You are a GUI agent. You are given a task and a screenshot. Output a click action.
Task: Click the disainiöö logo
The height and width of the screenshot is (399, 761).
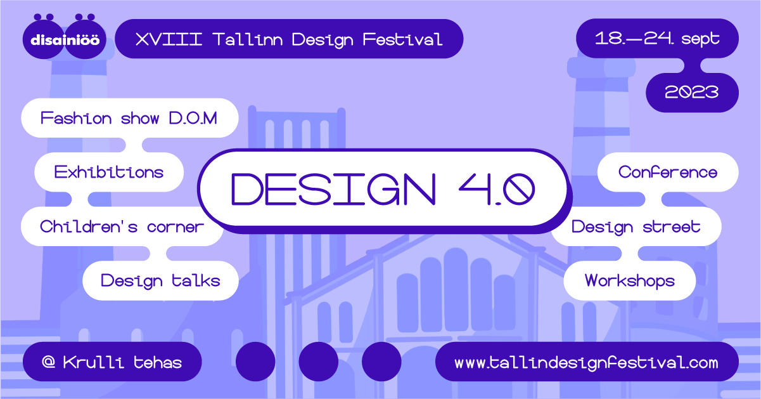coord(64,37)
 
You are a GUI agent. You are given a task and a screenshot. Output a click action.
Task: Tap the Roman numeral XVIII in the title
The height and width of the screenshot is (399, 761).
coord(169,39)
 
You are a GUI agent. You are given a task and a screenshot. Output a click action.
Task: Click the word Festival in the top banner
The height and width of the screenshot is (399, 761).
coord(402,39)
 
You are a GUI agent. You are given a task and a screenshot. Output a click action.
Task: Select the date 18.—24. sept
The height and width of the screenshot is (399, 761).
coord(657,39)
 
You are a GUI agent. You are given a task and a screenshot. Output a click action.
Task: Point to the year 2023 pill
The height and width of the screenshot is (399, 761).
coord(692,92)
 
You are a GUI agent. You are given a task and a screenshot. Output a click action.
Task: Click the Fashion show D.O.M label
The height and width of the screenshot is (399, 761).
coord(129,118)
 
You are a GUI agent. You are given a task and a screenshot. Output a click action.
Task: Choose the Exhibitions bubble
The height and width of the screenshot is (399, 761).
coord(109,172)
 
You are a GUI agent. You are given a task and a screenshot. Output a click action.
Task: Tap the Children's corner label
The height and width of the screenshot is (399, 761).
coord(122,226)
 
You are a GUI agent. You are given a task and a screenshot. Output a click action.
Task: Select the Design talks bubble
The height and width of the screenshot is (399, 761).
coord(160,280)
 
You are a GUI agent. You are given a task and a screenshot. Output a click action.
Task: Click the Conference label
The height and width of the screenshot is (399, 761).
coord(668,172)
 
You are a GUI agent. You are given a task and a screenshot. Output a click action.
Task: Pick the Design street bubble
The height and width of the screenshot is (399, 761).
coord(636,226)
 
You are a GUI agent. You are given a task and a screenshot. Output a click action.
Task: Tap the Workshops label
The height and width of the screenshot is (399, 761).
coord(630,280)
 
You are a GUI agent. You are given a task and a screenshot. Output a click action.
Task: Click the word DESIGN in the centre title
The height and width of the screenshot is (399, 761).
coord(333,189)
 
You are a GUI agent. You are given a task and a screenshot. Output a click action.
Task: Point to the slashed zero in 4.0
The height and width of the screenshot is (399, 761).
coord(519,189)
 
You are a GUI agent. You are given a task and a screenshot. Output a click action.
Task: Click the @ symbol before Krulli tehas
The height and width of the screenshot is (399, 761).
coord(49,362)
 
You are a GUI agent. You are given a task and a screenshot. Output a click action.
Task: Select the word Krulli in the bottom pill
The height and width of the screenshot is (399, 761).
coord(93,362)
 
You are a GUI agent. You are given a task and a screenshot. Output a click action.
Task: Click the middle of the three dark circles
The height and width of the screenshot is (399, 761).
coord(318,362)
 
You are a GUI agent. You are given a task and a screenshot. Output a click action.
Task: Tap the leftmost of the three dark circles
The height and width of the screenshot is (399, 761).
coord(255,362)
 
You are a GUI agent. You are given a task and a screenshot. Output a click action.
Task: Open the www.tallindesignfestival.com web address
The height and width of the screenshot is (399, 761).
coord(586,363)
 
